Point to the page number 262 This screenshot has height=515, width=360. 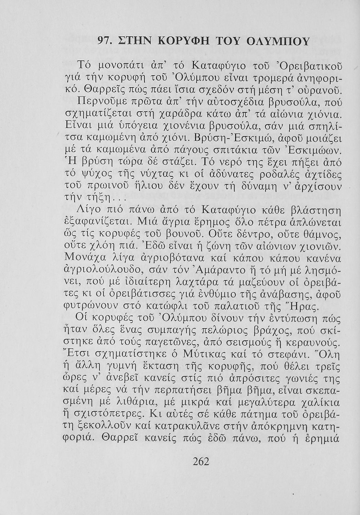click(x=201, y=461)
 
